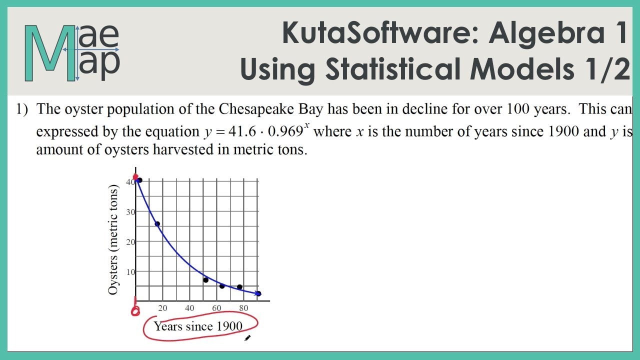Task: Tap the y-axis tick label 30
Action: click(130, 211)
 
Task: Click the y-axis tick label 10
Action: click(130, 271)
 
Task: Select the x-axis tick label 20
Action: click(162, 308)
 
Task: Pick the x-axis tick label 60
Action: click(216, 308)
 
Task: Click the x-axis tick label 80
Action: click(243, 308)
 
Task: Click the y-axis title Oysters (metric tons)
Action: click(114, 240)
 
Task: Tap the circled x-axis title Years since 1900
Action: click(198, 326)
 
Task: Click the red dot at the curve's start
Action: click(135, 177)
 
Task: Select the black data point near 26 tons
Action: click(157, 224)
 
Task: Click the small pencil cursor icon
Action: click(247, 338)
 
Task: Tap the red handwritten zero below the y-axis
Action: click(135, 311)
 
